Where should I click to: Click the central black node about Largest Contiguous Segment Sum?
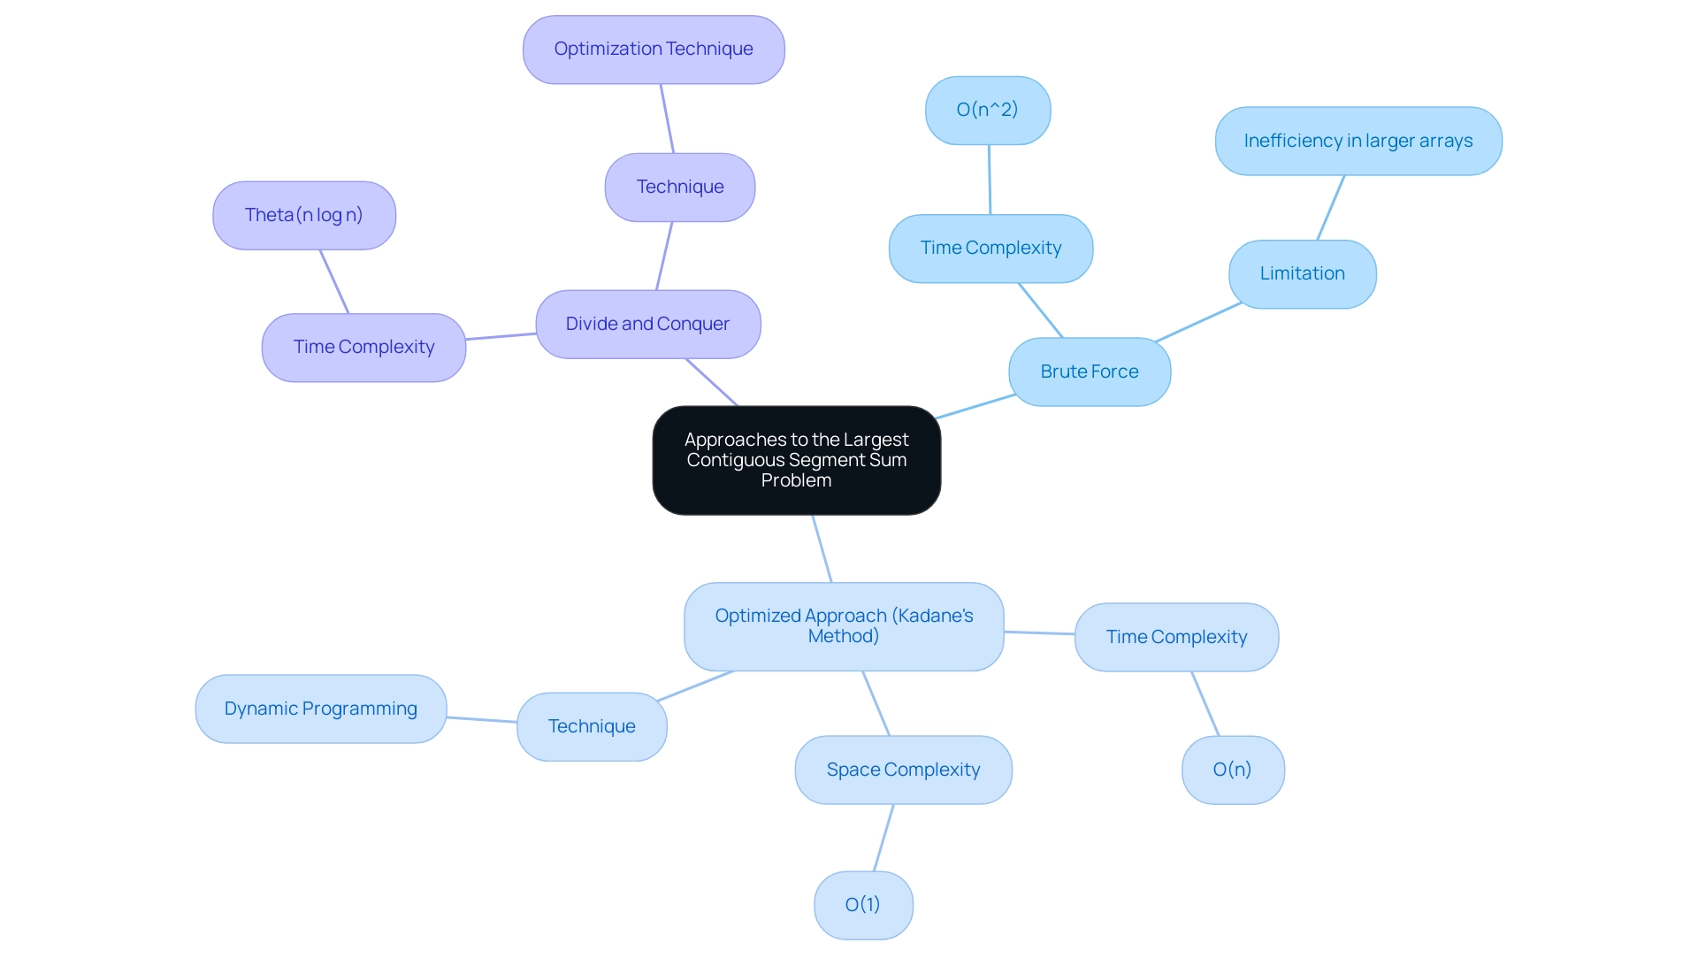pyautogui.click(x=796, y=460)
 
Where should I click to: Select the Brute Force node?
pyautogui.click(x=1089, y=372)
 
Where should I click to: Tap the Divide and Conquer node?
pyautogui.click(x=647, y=324)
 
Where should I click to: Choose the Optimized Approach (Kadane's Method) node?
pyautogui.click(x=843, y=626)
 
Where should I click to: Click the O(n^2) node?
pyautogui.click(x=987, y=110)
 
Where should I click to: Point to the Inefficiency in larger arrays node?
pyautogui.click(x=1358, y=141)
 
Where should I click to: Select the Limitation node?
pyautogui.click(x=1302, y=273)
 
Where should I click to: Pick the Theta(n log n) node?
pyautogui.click(x=303, y=215)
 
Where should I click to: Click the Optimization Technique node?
pyautogui.click(x=653, y=50)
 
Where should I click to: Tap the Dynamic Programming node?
pyautogui.click(x=320, y=709)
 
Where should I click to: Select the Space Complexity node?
pyautogui.click(x=903, y=770)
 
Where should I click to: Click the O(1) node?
pyautogui.click(x=862, y=905)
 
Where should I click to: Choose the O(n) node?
pyautogui.click(x=1232, y=770)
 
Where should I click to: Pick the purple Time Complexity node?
pyautogui.click(x=363, y=347)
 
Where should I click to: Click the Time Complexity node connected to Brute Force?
pyautogui.click(x=990, y=249)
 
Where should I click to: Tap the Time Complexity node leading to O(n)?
pyautogui.click(x=1176, y=637)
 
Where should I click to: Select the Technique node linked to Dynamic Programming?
pyautogui.click(x=592, y=726)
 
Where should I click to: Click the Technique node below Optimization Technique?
pyautogui.click(x=679, y=187)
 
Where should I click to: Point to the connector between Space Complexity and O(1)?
pyautogui.click(x=883, y=838)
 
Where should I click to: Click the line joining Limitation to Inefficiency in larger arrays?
pyautogui.click(x=1331, y=208)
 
